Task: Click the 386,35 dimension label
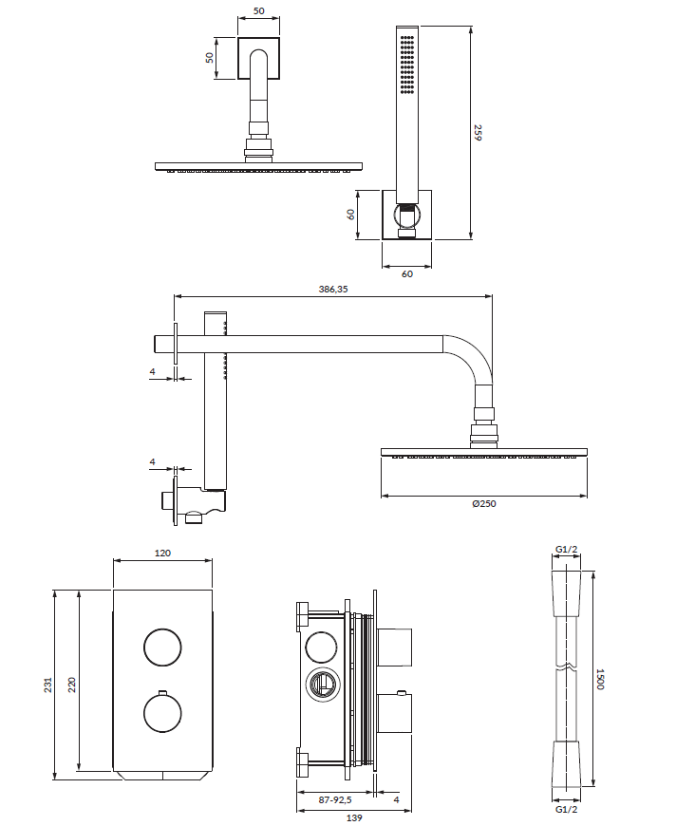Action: click(333, 289)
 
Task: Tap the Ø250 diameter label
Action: click(483, 503)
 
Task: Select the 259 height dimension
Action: click(478, 132)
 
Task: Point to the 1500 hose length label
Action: click(600, 679)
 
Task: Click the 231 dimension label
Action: click(48, 685)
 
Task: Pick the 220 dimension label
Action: click(71, 685)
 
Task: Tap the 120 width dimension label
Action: click(162, 553)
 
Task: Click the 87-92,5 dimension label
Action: click(335, 799)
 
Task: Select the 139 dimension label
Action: click(354, 817)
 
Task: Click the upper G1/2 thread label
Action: click(567, 550)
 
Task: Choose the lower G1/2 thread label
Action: click(567, 809)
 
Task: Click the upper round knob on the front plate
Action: click(162, 648)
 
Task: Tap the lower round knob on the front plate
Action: click(162, 713)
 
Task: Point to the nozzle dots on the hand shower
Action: click(406, 65)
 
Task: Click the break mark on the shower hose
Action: click(567, 668)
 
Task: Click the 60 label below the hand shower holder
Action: click(406, 274)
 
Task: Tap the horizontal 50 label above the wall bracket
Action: click(258, 10)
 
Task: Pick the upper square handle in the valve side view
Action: click(394, 648)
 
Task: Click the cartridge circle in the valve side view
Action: click(323, 685)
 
